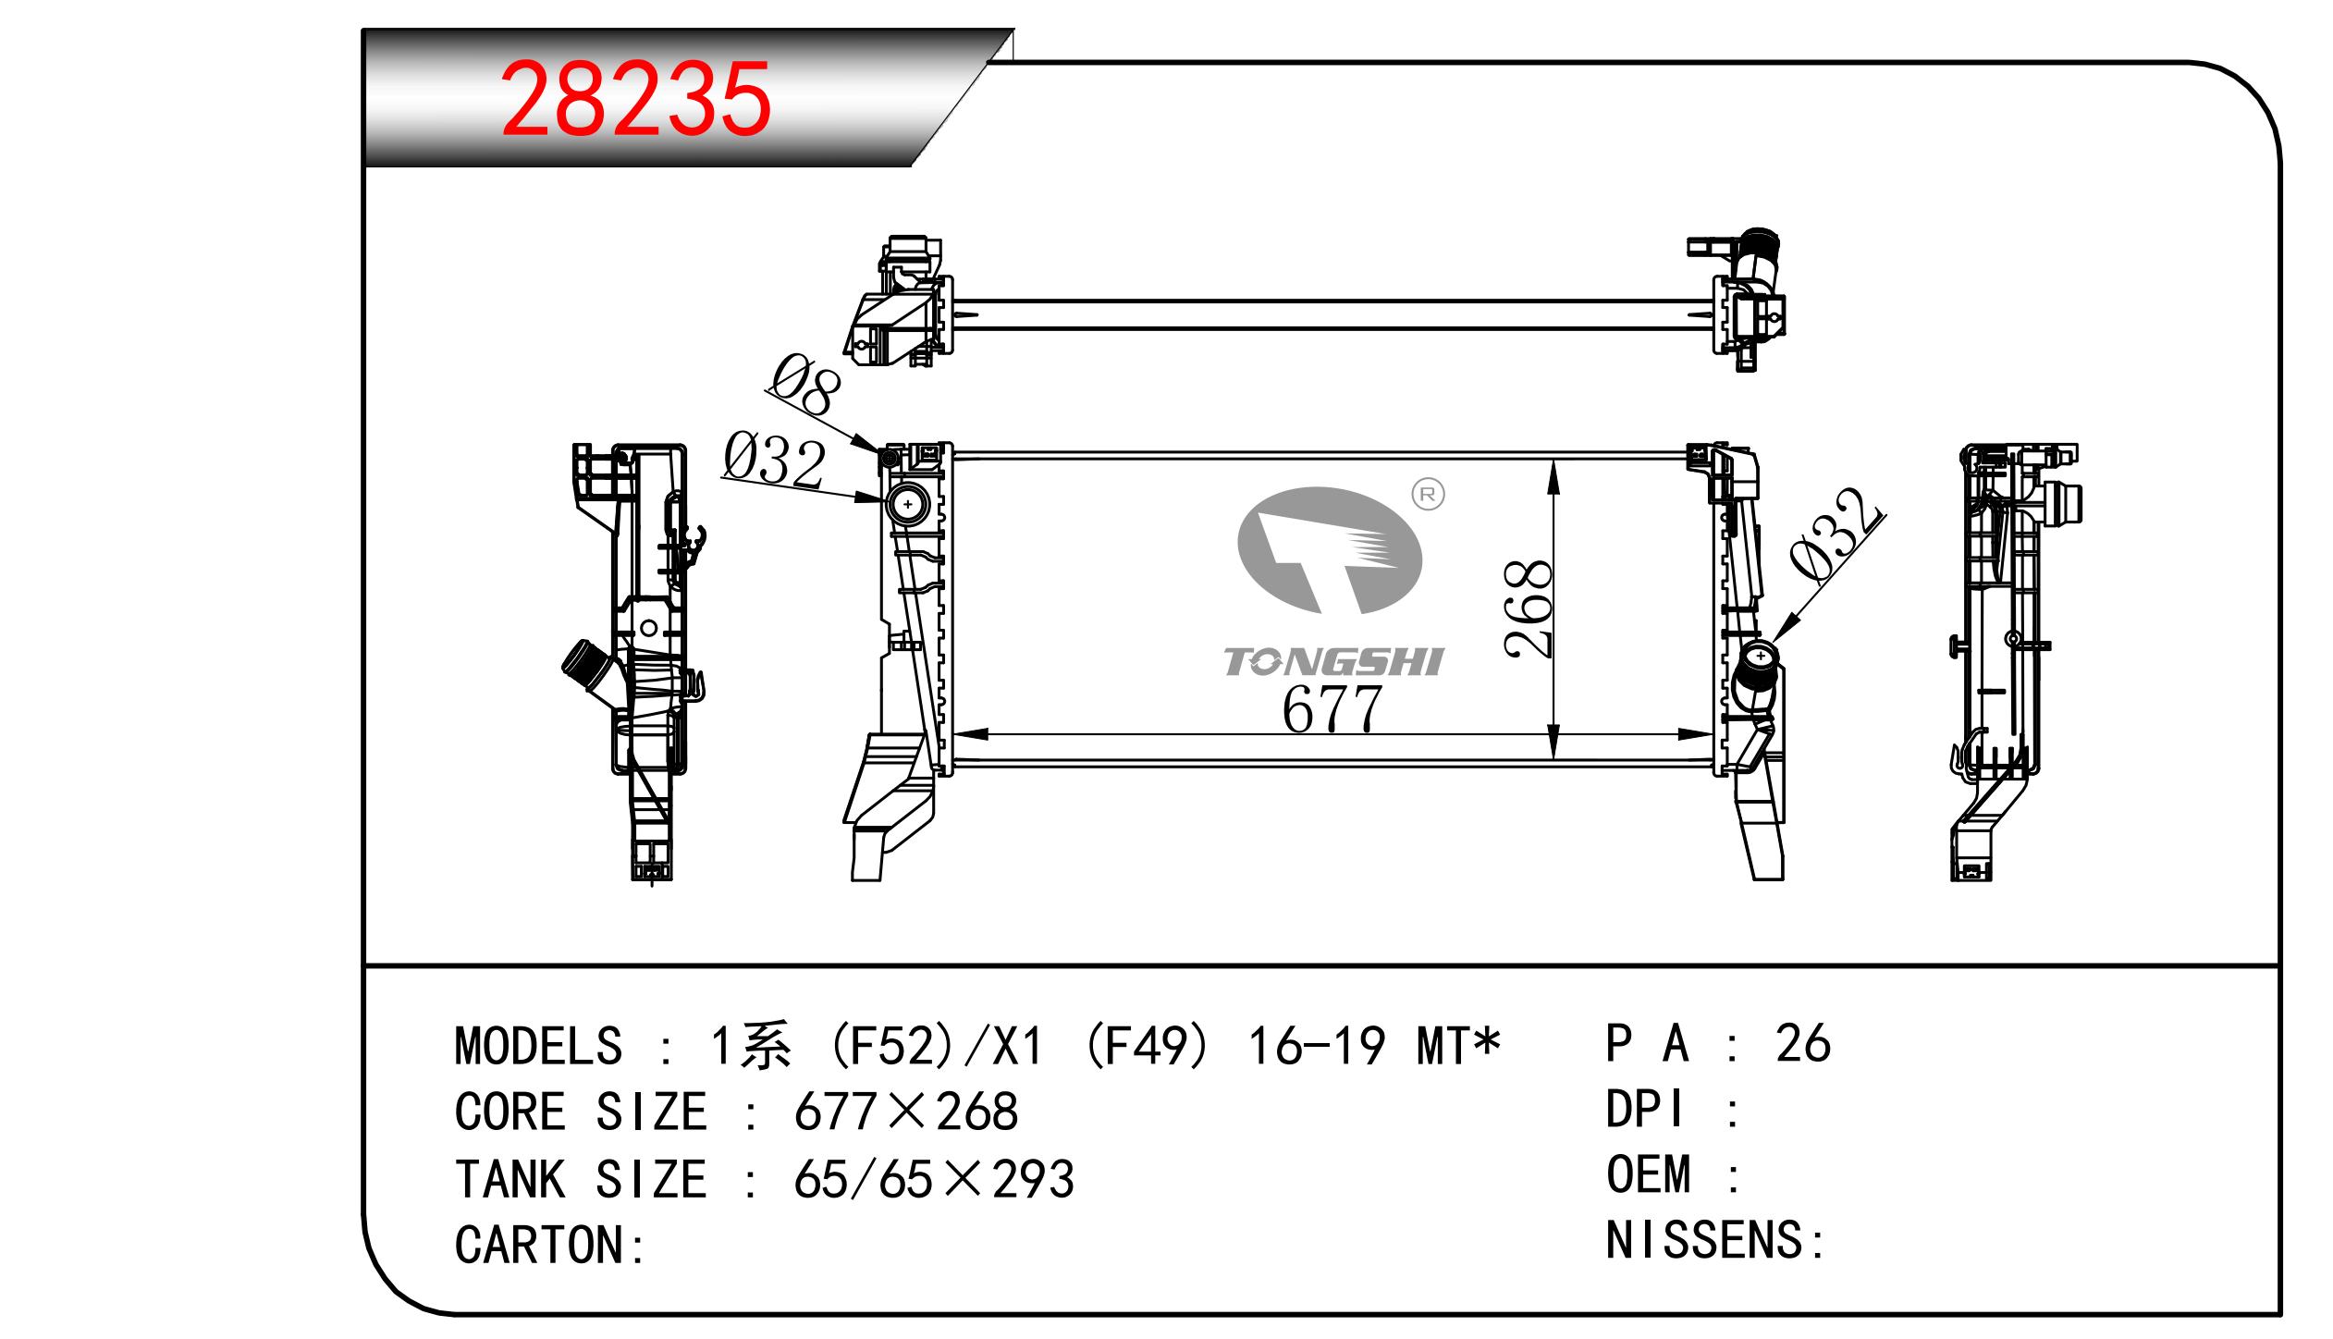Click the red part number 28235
click(x=635, y=99)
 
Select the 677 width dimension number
click(x=1332, y=709)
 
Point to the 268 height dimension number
click(x=1528, y=608)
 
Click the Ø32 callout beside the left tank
click(x=774, y=460)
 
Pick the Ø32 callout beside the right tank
click(x=1836, y=536)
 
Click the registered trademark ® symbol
click(x=1428, y=495)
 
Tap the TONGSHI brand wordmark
click(x=1333, y=662)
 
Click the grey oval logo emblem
click(x=1330, y=550)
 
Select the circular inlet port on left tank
click(x=908, y=505)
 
